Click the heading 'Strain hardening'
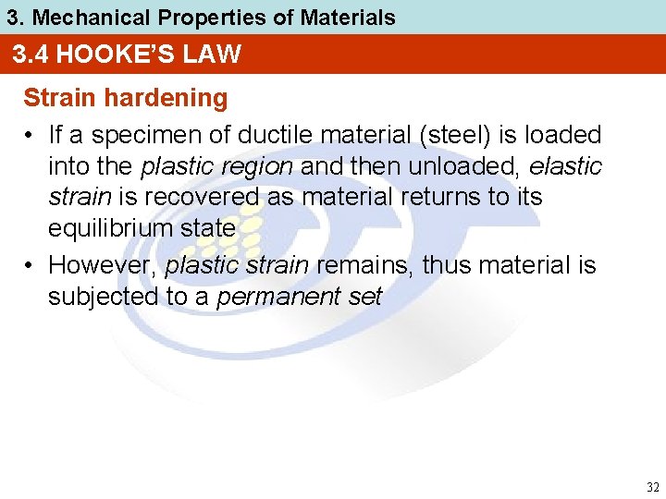point(125,98)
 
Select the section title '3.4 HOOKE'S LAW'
point(127,55)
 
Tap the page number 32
point(652,487)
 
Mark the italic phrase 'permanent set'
point(298,298)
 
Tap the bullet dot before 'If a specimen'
point(31,136)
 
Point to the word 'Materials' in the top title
point(352,17)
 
